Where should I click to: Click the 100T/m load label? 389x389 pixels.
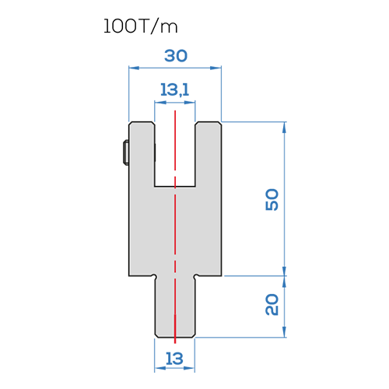point(141,26)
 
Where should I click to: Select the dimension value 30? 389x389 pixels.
point(176,56)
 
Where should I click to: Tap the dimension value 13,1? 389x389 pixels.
point(174,90)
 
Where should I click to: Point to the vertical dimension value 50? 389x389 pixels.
point(272,199)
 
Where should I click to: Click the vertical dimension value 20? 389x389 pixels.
point(272,304)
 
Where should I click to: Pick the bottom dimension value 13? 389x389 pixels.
point(174,359)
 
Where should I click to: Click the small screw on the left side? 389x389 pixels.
point(126,152)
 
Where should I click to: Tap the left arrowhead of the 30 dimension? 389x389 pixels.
point(134,68)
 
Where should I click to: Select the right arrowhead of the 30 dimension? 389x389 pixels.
point(216,68)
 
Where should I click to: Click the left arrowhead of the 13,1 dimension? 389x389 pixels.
point(160,103)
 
